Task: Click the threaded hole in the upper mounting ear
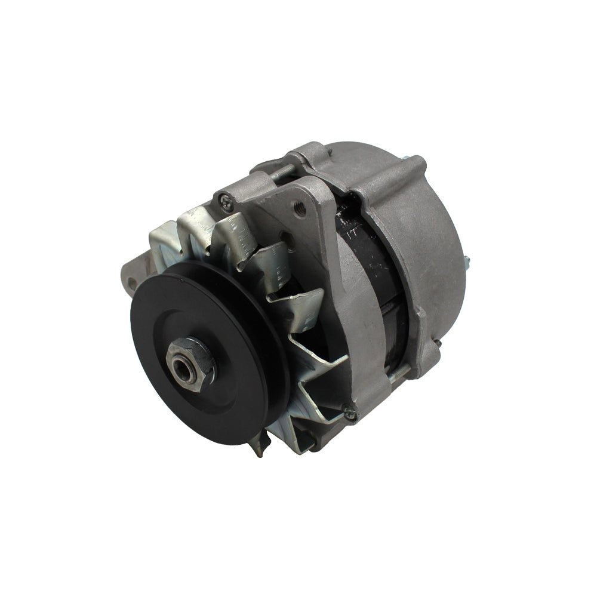(300, 209)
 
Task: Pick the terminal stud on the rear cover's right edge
(466, 261)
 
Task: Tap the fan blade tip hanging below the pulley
(259, 445)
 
